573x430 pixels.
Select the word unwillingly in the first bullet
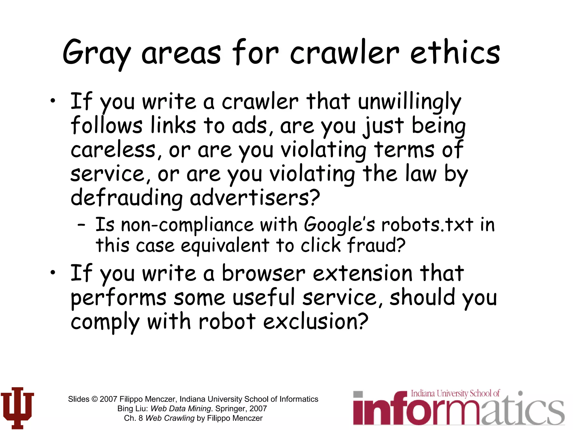coord(409,102)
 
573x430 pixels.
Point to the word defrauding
coord(126,198)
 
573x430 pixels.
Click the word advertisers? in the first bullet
coord(255,198)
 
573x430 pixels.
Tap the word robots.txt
coord(427,225)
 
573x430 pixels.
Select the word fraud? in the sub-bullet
coord(376,245)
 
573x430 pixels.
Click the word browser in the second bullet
coord(263,274)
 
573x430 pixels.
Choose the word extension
coord(363,274)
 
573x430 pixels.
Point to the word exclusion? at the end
coord(316,322)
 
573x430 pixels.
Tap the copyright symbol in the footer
coord(95,399)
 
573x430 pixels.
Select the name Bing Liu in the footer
coord(132,408)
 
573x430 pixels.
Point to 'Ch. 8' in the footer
coord(133,418)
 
